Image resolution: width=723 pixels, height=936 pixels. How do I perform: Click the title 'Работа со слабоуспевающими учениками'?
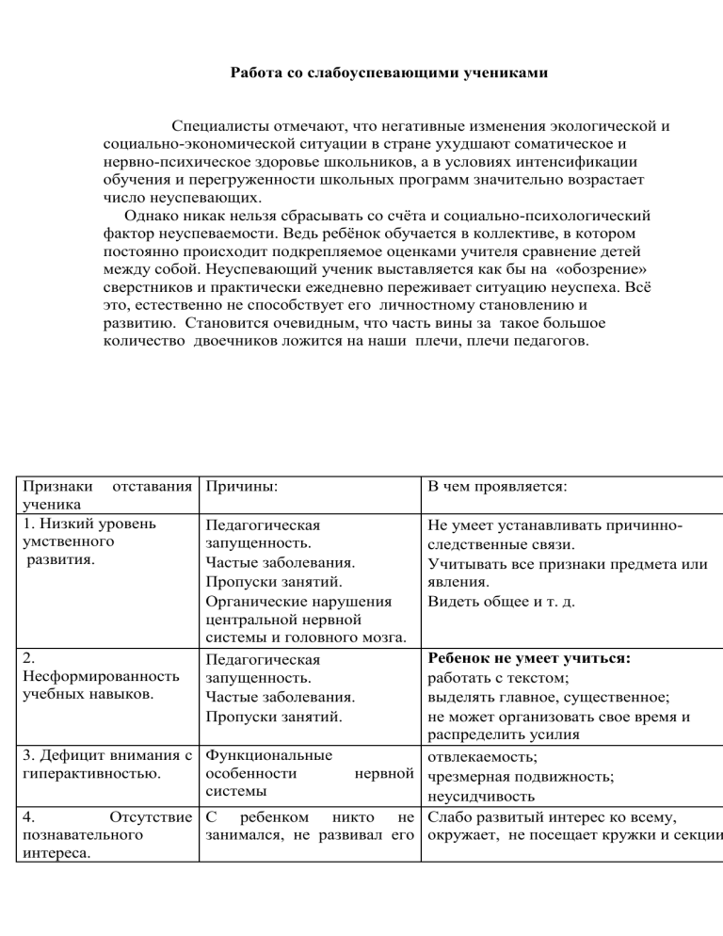389,72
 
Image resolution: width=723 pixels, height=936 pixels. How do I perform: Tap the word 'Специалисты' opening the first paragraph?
214,126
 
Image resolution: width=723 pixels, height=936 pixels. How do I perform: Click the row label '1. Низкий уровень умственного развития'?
89,542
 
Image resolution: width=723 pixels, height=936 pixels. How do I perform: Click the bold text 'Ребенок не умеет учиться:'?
528,660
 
